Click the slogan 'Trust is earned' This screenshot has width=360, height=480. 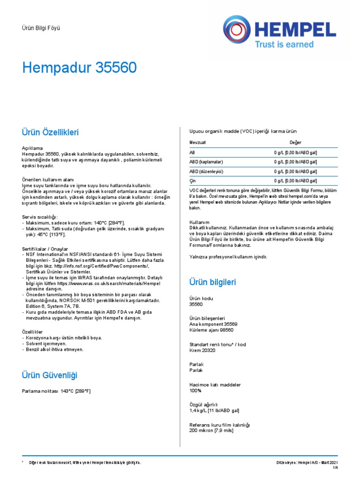click(284, 45)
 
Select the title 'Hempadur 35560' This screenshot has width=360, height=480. click(80, 68)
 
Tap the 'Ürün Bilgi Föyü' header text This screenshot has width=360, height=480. click(41, 28)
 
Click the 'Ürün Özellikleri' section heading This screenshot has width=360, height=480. click(51, 133)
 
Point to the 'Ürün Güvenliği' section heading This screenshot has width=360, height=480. click(50, 375)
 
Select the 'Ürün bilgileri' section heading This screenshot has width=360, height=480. click(212, 282)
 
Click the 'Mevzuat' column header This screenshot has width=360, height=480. click(197, 142)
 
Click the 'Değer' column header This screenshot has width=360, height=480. click(295, 142)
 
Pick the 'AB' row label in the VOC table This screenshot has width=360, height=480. click(192, 153)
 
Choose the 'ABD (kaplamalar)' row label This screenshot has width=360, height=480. click(206, 162)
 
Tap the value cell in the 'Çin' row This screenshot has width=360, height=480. click(295, 181)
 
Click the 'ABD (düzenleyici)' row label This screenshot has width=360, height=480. click(206, 172)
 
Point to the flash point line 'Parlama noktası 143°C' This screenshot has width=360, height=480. click(56, 391)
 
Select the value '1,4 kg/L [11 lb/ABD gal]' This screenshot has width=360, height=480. click(214, 411)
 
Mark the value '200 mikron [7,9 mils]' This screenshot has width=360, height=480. click(211, 431)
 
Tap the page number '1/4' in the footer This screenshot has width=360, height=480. click(335, 468)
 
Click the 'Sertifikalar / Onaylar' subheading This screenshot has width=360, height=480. click(45, 248)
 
